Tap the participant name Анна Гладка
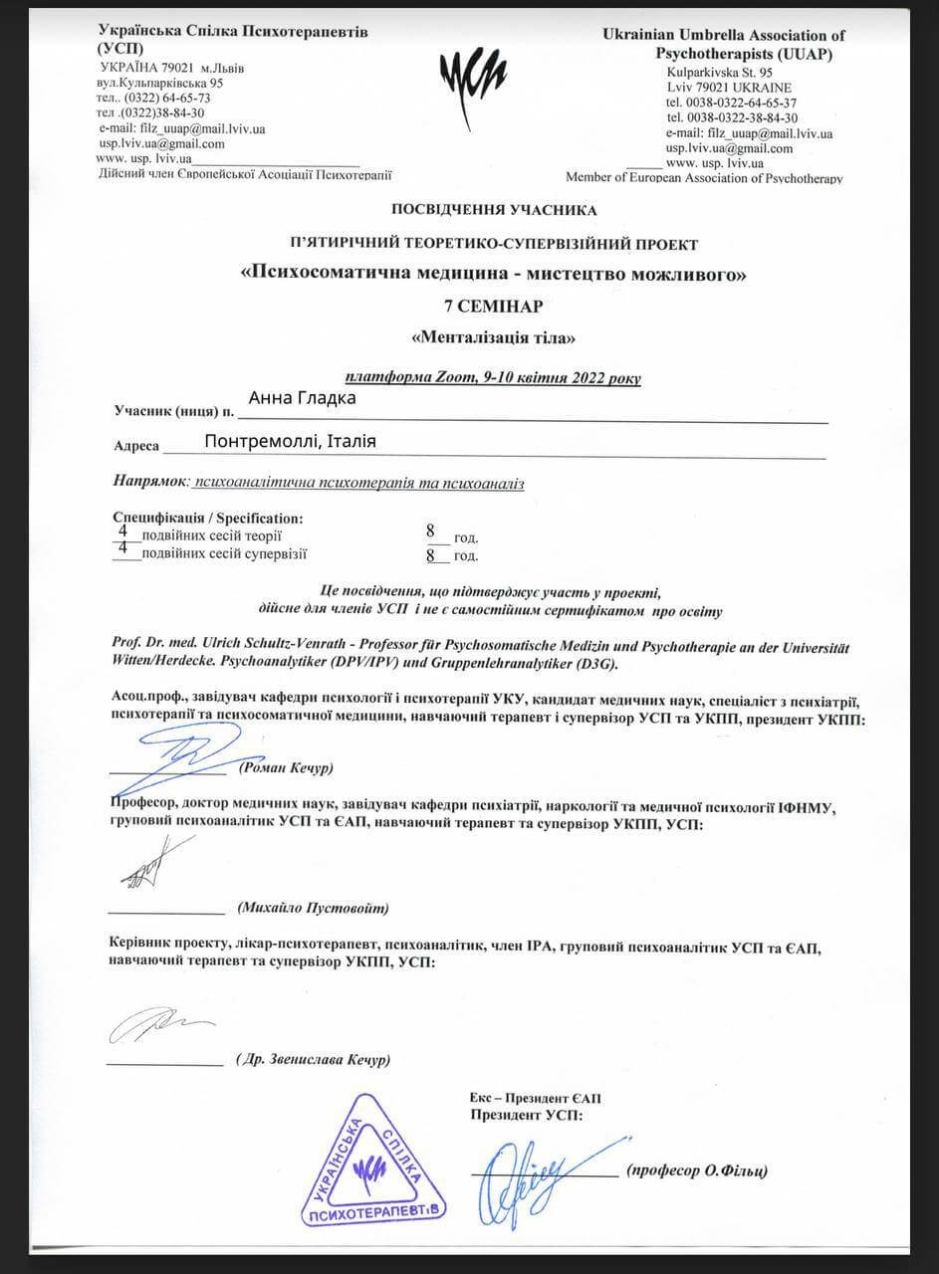coord(302,398)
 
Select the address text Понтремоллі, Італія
coord(290,442)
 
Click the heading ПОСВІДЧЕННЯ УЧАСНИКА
coord(495,210)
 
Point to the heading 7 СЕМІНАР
coord(494,306)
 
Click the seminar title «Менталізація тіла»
coord(494,337)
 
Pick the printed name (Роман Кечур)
coord(286,768)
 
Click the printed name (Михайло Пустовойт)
coord(313,909)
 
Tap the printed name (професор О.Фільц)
coord(697,1171)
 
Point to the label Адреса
coord(137,447)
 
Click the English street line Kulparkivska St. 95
coord(720,73)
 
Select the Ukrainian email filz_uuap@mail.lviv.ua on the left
coord(182,128)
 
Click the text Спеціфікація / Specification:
coord(208,519)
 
